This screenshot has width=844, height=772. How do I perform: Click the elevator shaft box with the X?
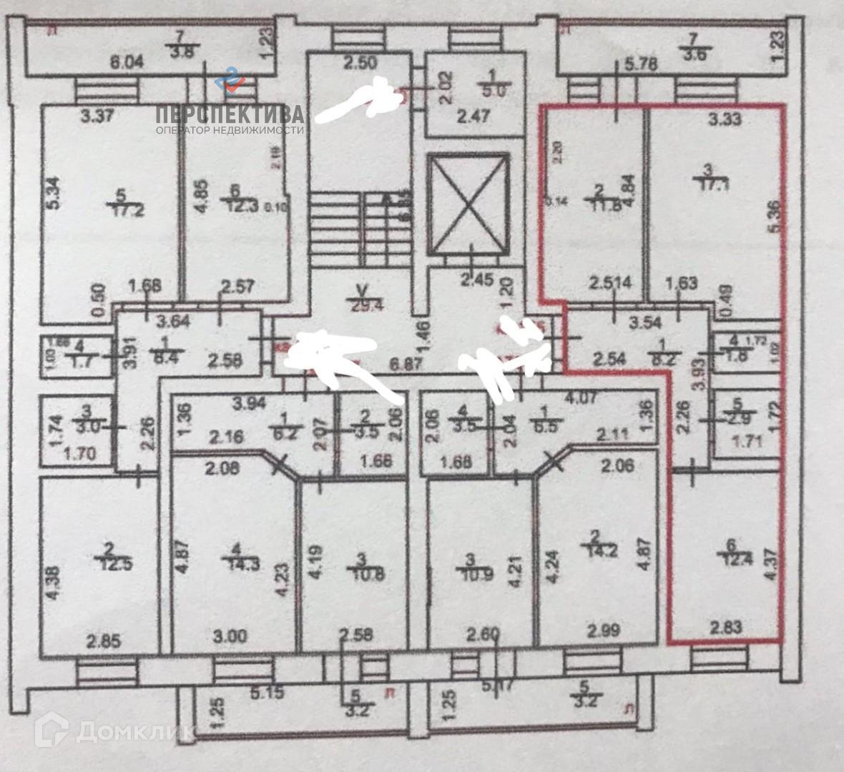[468, 206]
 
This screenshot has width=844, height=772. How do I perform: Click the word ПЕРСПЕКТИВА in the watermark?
[230, 114]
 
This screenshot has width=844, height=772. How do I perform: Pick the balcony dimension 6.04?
[127, 63]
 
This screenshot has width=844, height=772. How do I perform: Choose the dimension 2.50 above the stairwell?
[360, 63]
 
